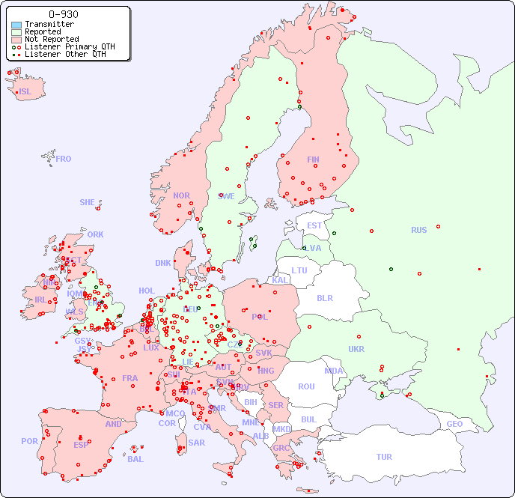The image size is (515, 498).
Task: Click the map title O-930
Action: [63, 14]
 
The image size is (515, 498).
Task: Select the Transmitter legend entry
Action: [49, 24]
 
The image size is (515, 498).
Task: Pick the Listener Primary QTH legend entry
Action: [69, 46]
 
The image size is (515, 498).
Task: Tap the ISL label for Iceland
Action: [25, 92]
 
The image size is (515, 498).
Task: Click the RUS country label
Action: [418, 230]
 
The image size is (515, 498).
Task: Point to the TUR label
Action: [384, 457]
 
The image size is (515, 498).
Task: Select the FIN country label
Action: [313, 160]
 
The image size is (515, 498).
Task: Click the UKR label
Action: [356, 349]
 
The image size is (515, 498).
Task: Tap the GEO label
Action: [454, 424]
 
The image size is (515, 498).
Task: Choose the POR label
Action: [29, 441]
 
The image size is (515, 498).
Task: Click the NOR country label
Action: [181, 195]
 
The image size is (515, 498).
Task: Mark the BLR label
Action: [324, 297]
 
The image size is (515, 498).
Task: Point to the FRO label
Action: [64, 159]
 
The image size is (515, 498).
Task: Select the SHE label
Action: [88, 202]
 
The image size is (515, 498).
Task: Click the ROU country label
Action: [306, 386]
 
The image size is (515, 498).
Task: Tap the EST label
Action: [314, 225]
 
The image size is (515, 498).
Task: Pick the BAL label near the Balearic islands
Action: [135, 459]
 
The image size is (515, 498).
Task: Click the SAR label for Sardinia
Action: [196, 442]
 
